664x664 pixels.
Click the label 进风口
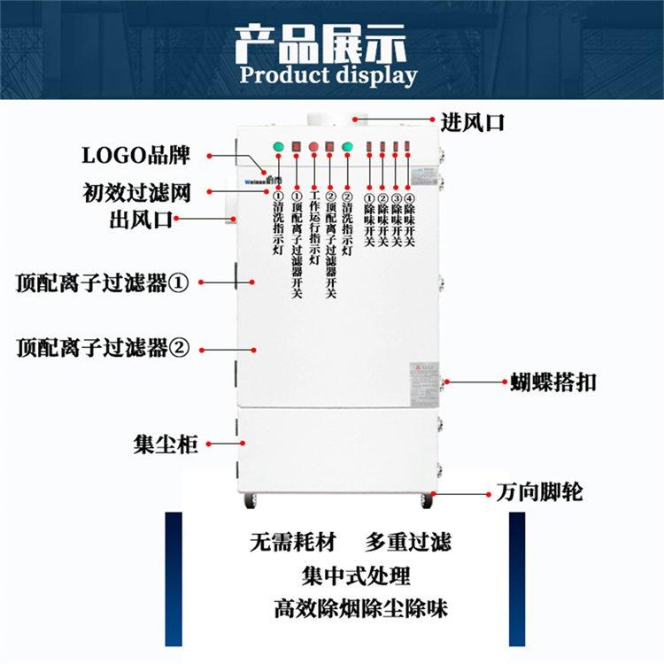click(473, 122)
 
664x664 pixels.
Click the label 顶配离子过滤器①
click(103, 283)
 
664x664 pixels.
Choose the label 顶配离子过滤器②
click(103, 347)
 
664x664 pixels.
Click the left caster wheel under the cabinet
click(250, 501)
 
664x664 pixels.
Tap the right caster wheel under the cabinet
click(429, 501)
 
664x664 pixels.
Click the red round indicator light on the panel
click(313, 146)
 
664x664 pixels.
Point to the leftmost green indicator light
click(278, 147)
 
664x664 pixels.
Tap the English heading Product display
click(328, 74)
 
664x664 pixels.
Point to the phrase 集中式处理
click(356, 575)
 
